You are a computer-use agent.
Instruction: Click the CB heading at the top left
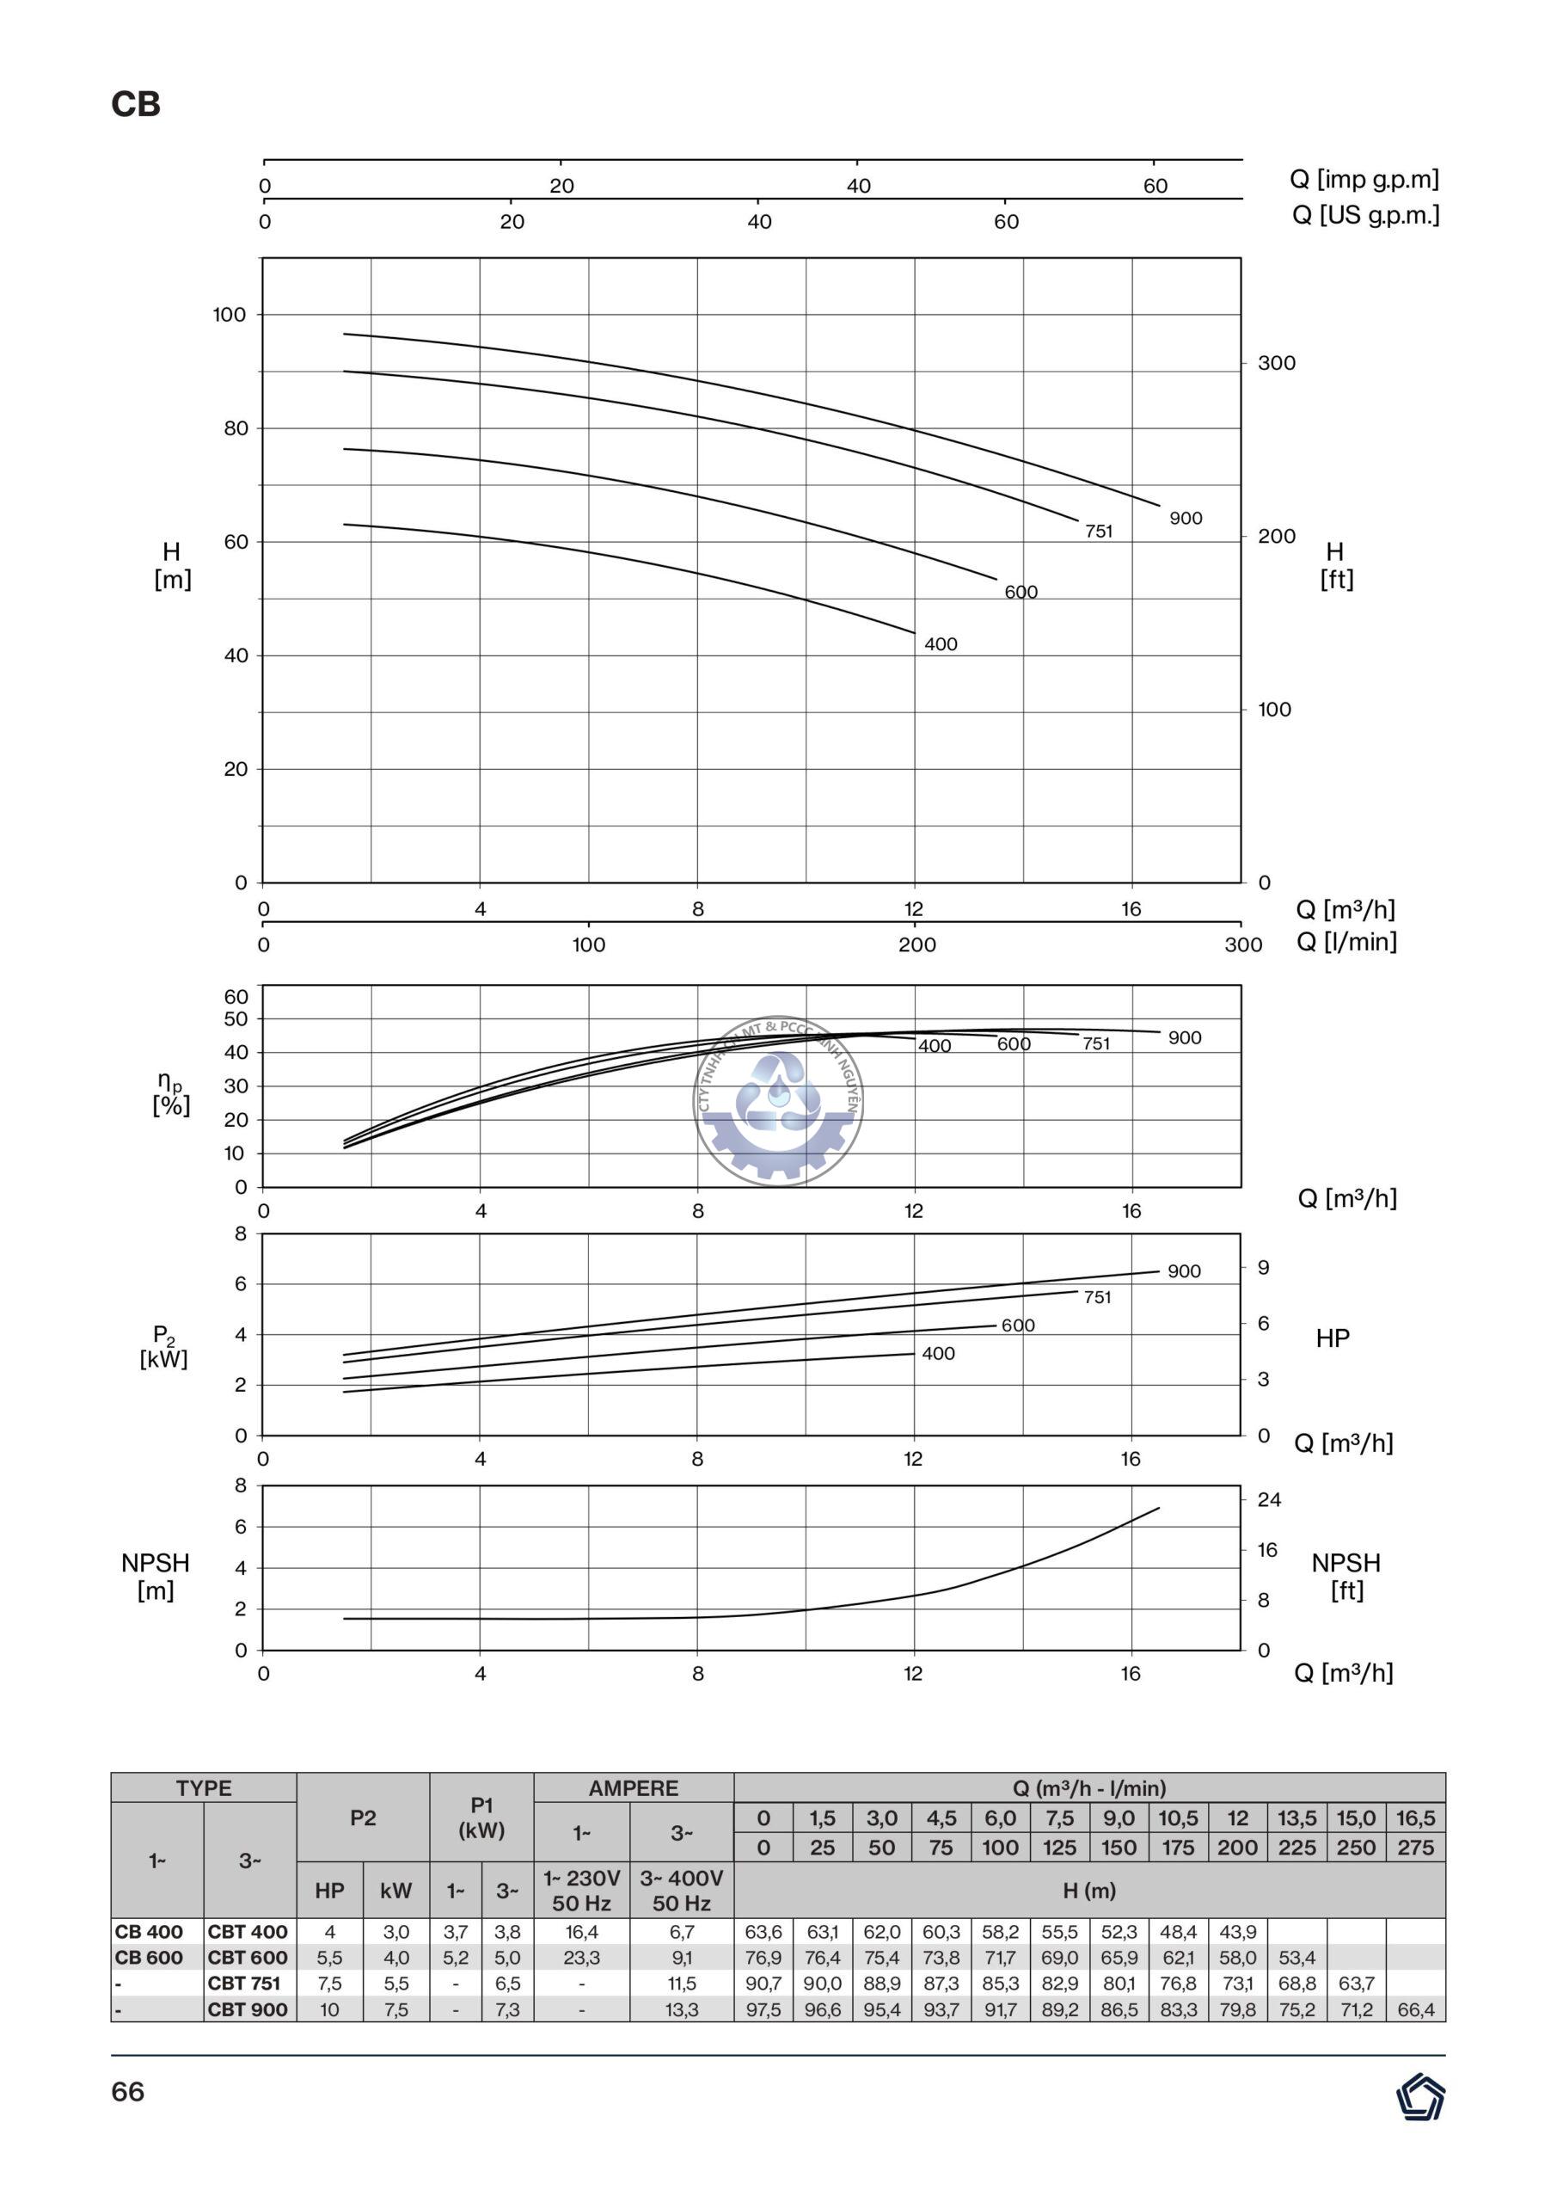pyautogui.click(x=135, y=103)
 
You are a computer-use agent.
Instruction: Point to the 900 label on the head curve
pyautogui.click(x=1185, y=519)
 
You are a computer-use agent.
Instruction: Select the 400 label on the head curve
pyautogui.click(x=941, y=644)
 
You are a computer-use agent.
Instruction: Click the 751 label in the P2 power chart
pyautogui.click(x=1097, y=1298)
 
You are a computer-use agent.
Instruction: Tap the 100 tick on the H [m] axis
pyautogui.click(x=230, y=315)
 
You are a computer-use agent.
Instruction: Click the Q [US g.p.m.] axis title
pyautogui.click(x=1365, y=215)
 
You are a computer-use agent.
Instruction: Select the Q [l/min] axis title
pyautogui.click(x=1346, y=942)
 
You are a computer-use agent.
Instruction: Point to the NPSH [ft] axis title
pyautogui.click(x=1346, y=1577)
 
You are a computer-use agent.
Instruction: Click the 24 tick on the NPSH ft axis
pyautogui.click(x=1268, y=1500)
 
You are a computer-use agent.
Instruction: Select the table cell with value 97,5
pyautogui.click(x=763, y=2009)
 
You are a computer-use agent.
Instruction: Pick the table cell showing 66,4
pyautogui.click(x=1415, y=2009)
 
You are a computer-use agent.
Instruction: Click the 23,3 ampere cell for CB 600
pyautogui.click(x=581, y=1958)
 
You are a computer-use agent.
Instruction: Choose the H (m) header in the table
pyautogui.click(x=1089, y=1891)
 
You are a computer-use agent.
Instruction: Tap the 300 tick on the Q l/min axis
pyautogui.click(x=1242, y=944)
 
